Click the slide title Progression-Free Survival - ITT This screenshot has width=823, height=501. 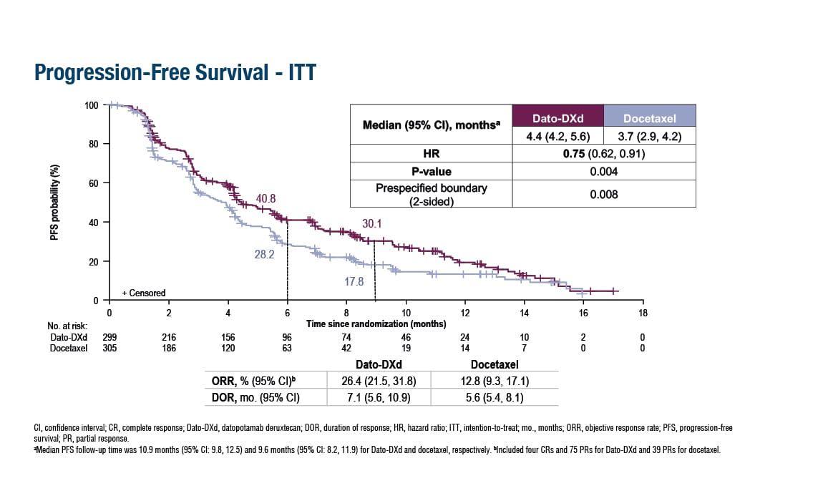(175, 73)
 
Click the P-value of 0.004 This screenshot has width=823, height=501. (604, 172)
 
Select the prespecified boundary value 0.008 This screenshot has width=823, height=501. (604, 193)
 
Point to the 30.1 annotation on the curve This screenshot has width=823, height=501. (372, 224)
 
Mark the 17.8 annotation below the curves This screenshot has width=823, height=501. (354, 282)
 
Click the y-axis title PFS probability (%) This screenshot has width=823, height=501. (55, 203)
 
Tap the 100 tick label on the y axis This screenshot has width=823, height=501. (91, 106)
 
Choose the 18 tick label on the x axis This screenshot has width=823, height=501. (642, 313)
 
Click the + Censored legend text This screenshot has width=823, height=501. (143, 293)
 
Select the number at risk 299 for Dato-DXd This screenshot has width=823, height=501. (109, 336)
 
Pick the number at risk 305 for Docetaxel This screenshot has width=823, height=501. (109, 347)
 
